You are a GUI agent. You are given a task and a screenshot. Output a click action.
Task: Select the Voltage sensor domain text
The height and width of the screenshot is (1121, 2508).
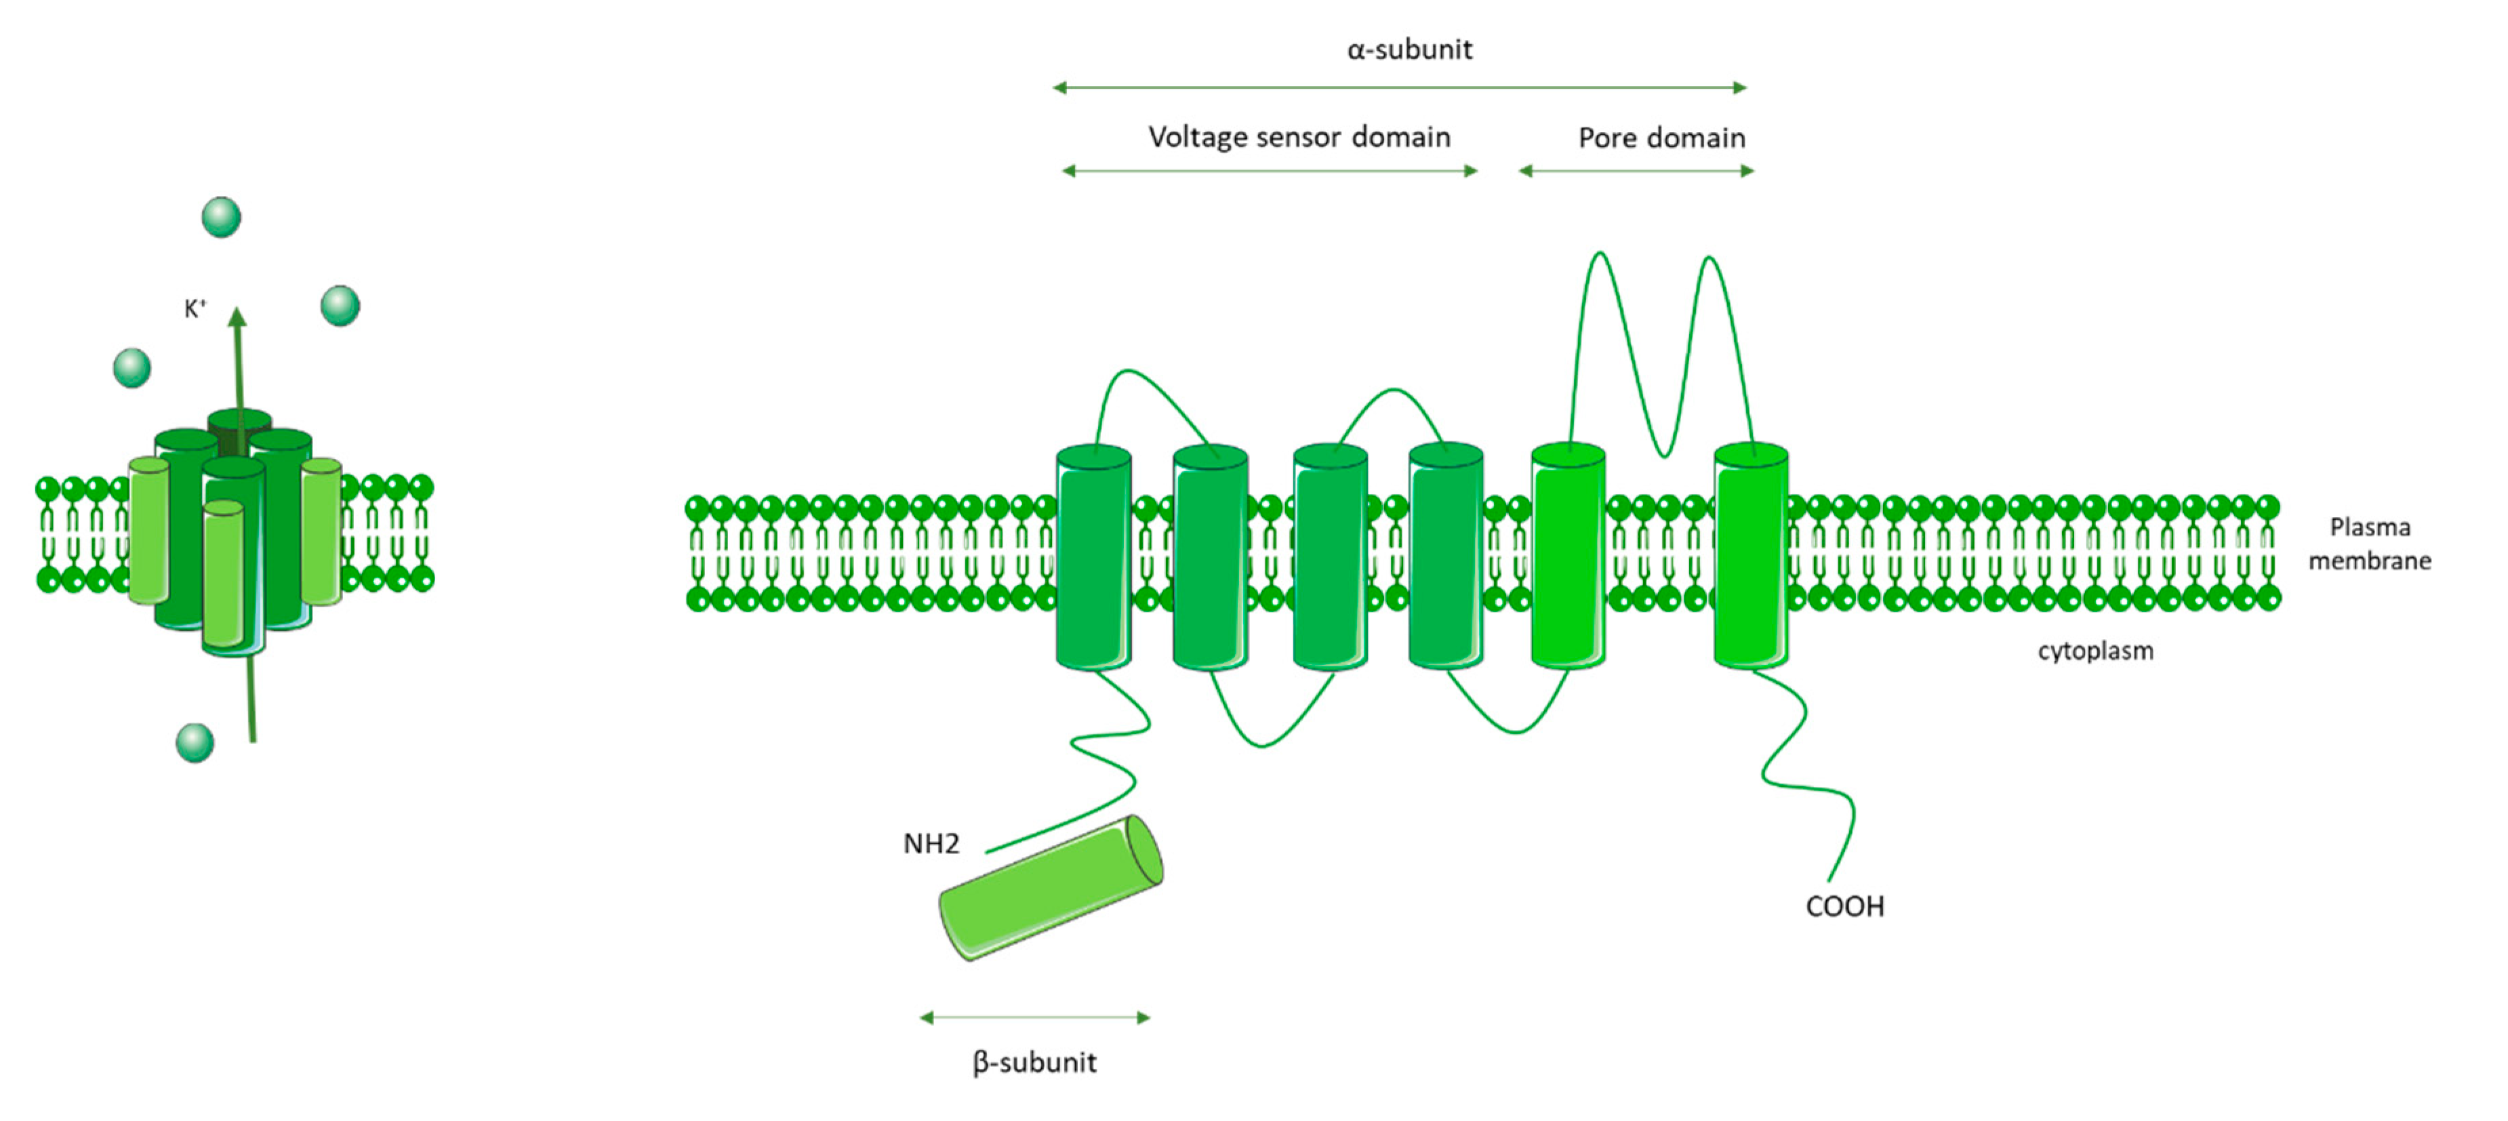pyautogui.click(x=1299, y=137)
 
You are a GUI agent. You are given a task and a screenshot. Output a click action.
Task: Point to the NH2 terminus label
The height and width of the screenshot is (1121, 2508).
pyautogui.click(x=931, y=844)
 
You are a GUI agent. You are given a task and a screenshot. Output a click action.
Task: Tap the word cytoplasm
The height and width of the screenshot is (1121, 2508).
pyautogui.click(x=2095, y=651)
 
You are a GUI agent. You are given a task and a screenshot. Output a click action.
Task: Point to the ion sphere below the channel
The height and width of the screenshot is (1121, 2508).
pyautogui.click(x=195, y=742)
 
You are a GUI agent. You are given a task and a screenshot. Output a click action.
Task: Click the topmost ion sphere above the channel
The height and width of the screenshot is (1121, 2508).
pyautogui.click(x=221, y=216)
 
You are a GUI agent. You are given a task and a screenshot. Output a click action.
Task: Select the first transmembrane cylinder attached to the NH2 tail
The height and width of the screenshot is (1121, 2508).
pyautogui.click(x=1093, y=556)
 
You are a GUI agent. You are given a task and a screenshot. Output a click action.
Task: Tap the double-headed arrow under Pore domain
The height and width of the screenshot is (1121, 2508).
pyautogui.click(x=1636, y=171)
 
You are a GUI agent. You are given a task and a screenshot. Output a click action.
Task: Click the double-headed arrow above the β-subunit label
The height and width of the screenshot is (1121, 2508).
pyautogui.click(x=1035, y=1018)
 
